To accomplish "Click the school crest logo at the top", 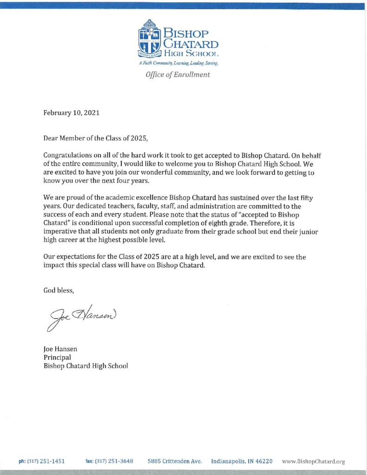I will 151,39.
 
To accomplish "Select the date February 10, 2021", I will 71,113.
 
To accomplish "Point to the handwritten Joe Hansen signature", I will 81,317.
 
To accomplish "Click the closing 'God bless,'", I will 58,291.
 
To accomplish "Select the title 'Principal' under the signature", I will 57,357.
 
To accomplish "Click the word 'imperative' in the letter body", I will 60,232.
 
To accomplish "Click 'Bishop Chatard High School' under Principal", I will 86,366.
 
